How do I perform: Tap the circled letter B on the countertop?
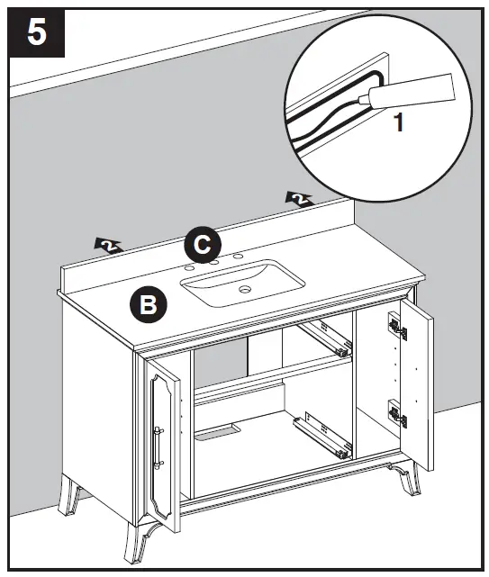(x=147, y=304)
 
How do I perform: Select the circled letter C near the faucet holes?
(x=203, y=244)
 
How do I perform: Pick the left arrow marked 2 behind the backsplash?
(x=108, y=244)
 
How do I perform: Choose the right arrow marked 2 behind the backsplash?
(x=298, y=199)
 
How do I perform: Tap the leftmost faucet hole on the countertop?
(x=191, y=267)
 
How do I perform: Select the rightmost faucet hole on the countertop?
(x=239, y=257)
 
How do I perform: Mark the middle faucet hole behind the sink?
(x=215, y=262)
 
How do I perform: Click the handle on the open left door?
(x=158, y=446)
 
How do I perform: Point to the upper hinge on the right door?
(x=395, y=327)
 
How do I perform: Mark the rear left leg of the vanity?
(x=70, y=497)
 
